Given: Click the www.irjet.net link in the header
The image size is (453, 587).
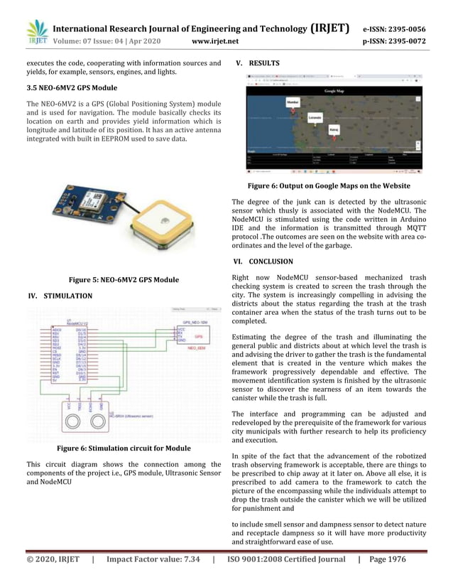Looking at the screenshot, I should point(215,41).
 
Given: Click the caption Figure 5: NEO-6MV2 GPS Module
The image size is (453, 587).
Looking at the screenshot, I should point(123,280).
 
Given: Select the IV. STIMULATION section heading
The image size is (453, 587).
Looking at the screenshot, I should point(60,296).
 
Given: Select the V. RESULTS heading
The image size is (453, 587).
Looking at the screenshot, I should point(257,63).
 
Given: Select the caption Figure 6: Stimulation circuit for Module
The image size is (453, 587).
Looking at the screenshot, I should point(124,448).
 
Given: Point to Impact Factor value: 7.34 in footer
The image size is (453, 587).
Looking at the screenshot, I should point(153,560).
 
